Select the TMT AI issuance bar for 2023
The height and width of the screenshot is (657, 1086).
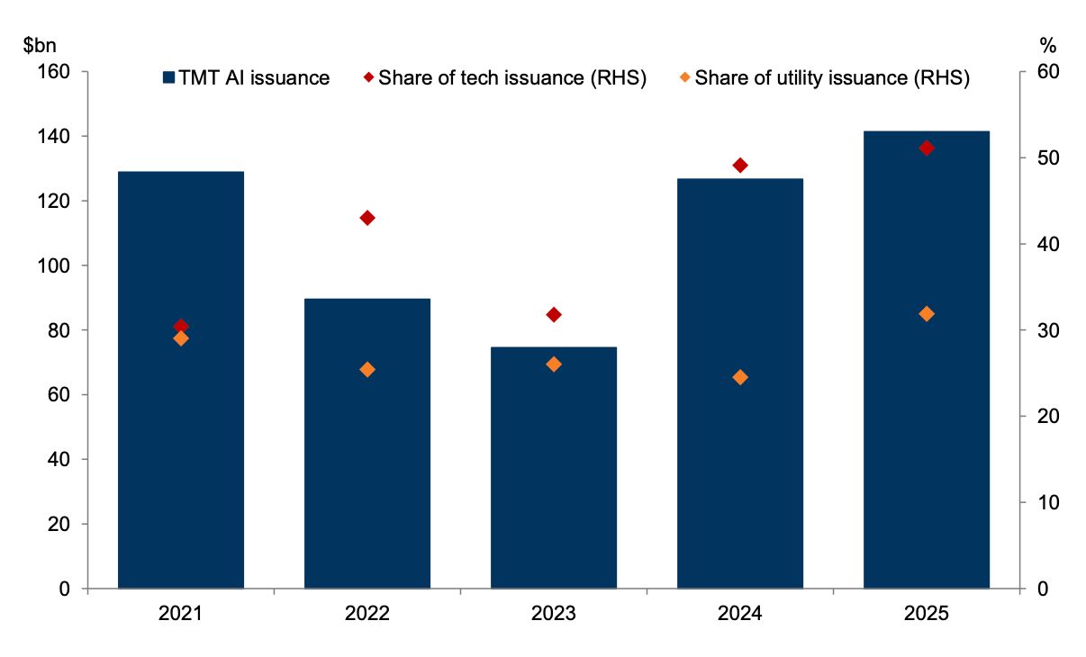554,468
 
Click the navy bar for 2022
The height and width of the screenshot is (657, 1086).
367,444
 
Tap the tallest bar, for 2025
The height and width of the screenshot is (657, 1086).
927,359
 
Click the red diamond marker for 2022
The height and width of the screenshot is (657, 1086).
367,218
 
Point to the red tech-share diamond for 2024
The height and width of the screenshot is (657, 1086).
740,166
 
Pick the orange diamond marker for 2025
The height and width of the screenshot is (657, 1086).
927,314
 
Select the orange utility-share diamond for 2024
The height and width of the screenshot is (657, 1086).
740,377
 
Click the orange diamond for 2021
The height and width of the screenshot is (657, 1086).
181,338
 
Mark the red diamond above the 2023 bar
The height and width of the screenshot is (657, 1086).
554,315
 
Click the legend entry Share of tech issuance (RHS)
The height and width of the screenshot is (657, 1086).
505,78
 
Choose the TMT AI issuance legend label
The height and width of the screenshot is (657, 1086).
254,78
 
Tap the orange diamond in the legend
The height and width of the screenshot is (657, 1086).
685,77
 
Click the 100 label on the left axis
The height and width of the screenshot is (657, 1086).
54,265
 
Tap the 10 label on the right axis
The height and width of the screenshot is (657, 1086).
1047,502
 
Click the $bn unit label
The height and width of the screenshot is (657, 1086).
40,46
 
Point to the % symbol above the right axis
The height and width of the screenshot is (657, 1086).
1048,46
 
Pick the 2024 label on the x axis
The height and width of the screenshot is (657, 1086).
740,614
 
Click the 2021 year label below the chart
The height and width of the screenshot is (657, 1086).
180,614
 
